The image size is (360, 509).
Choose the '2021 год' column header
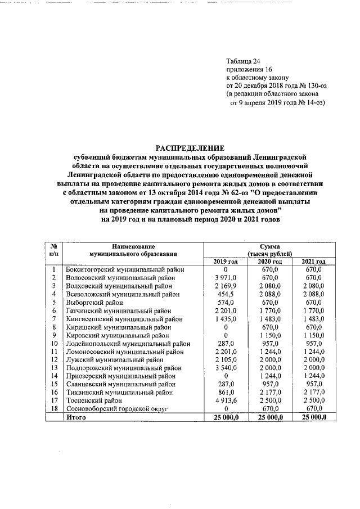click(314, 262)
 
